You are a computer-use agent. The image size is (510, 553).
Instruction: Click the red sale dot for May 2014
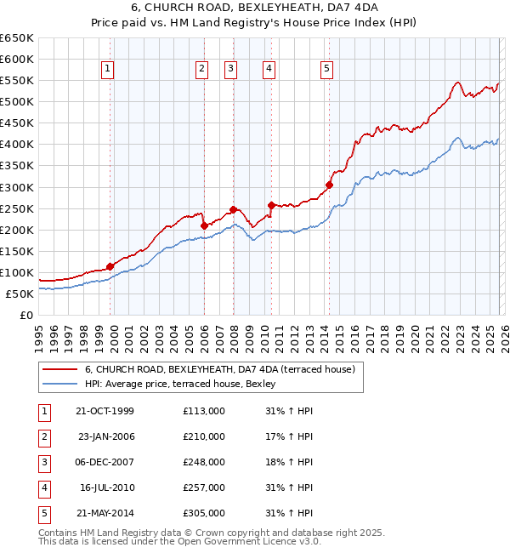329,185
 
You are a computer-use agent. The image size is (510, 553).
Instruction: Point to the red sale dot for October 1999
110,266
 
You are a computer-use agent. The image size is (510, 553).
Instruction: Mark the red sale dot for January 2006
204,225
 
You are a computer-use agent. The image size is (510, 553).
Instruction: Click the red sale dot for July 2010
271,205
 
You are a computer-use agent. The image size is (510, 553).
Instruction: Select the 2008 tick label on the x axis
234,335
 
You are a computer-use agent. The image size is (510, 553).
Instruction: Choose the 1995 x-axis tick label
38,335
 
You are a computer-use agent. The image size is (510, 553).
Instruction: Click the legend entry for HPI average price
186,384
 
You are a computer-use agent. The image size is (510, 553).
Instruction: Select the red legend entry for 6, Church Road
224,369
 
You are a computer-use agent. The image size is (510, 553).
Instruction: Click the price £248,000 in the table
204,462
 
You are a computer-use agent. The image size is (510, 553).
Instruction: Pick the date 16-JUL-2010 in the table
107,487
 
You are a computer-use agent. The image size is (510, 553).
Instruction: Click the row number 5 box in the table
42,513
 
